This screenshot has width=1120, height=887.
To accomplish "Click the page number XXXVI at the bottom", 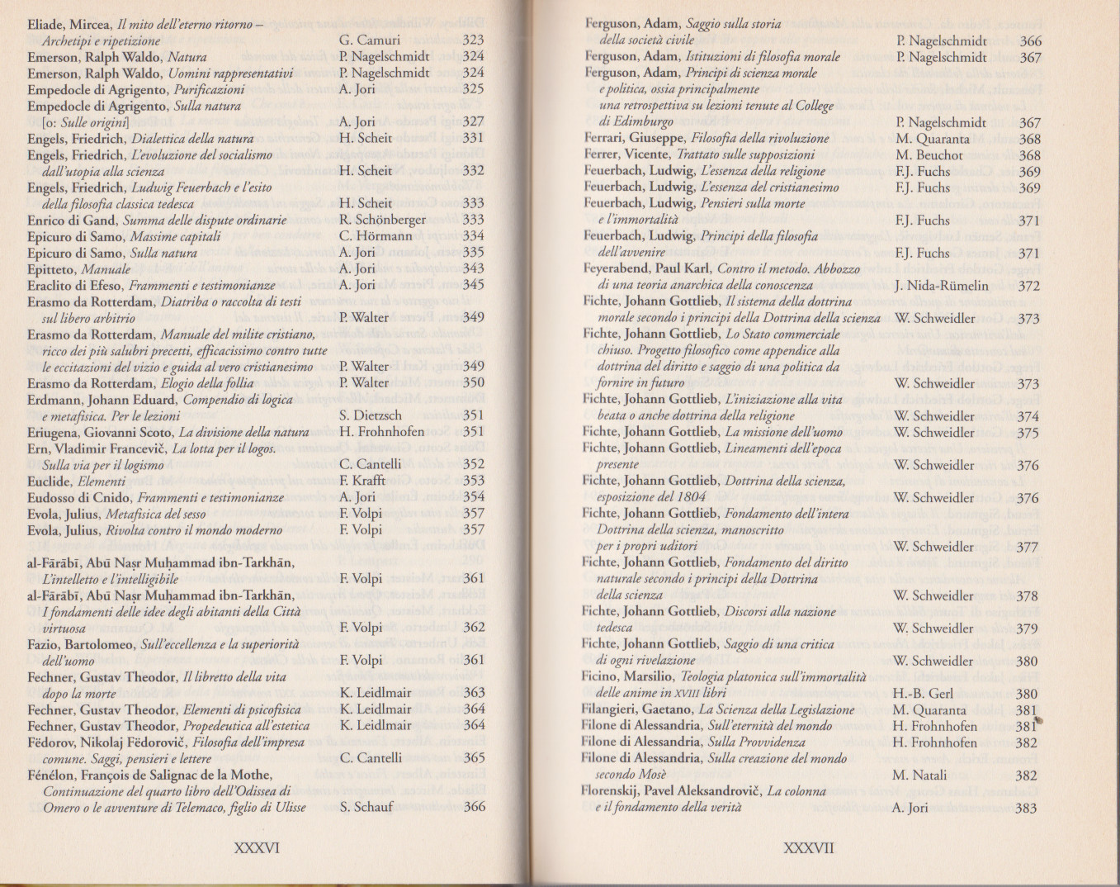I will pos(257,847).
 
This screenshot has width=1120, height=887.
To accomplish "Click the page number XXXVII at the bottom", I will pos(808,848).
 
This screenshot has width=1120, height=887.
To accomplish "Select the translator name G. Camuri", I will pos(370,40).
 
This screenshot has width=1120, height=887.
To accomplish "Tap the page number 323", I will pos(473,40).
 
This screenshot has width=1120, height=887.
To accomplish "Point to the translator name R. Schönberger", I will pos(382,220).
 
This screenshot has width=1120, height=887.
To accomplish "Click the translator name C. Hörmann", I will pos(376,236).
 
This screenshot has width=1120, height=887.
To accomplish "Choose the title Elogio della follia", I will pos(208,383).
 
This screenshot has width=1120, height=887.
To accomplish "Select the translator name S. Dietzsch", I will pos(371,415).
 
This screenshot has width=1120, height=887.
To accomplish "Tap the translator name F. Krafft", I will pos(362,481).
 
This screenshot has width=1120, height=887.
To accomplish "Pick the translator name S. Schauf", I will pos(366,807).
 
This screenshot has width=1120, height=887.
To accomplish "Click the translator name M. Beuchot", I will pos(929,155).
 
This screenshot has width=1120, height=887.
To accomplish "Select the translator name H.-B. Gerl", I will pos(923,694).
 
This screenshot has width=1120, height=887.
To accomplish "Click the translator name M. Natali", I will pos(919,776).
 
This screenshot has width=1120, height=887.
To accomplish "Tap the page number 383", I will pos(1026,809).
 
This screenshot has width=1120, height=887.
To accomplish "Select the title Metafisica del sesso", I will pos(155,514).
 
